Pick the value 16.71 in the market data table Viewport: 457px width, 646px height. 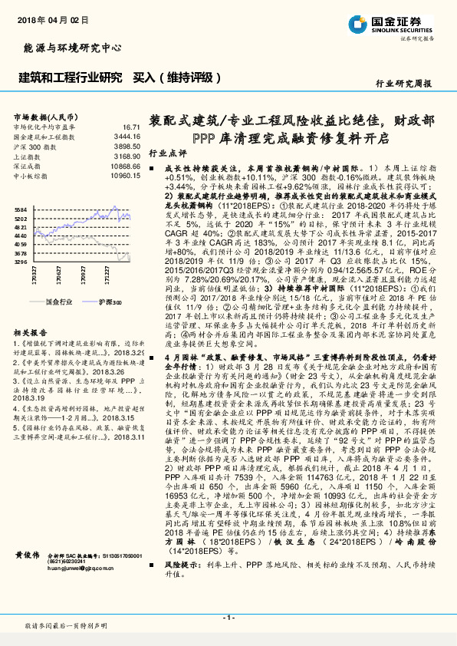[131, 127]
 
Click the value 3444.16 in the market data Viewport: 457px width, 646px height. [127, 136]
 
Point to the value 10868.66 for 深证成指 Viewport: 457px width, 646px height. [125, 165]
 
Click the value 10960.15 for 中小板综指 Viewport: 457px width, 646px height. [125, 175]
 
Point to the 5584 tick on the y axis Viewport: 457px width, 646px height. [21, 209]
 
